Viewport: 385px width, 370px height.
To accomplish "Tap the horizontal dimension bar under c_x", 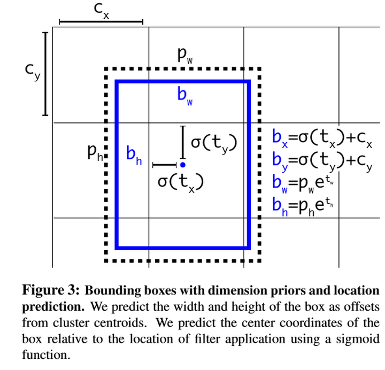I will tap(101, 22).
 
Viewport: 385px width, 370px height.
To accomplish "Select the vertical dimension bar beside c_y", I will tap(45, 73).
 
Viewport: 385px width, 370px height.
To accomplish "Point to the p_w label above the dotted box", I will tap(186, 55).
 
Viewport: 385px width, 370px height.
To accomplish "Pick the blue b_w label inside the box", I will tap(184, 96).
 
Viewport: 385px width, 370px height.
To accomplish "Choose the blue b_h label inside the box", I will tap(134, 155).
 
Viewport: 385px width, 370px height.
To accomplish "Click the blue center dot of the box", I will tap(183, 165).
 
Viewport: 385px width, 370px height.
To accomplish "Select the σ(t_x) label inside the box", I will tap(181, 182).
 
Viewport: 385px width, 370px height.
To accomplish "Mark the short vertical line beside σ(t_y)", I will tap(183, 142).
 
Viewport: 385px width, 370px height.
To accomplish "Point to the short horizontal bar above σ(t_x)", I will tap(164, 164).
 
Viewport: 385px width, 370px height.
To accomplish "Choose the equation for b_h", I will tap(303, 204).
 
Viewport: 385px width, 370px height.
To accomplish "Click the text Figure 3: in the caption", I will tap(51, 291).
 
